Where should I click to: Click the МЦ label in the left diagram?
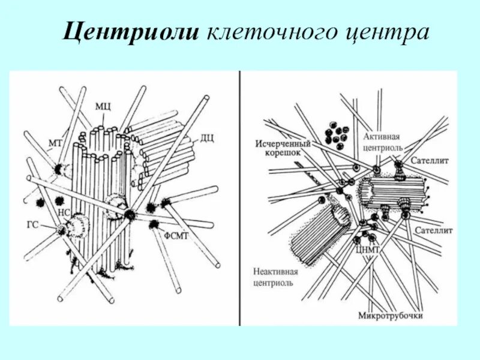[102, 106]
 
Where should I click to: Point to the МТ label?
[55, 143]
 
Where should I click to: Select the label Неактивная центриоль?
[273, 277]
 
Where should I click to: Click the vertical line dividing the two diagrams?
[239, 198]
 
